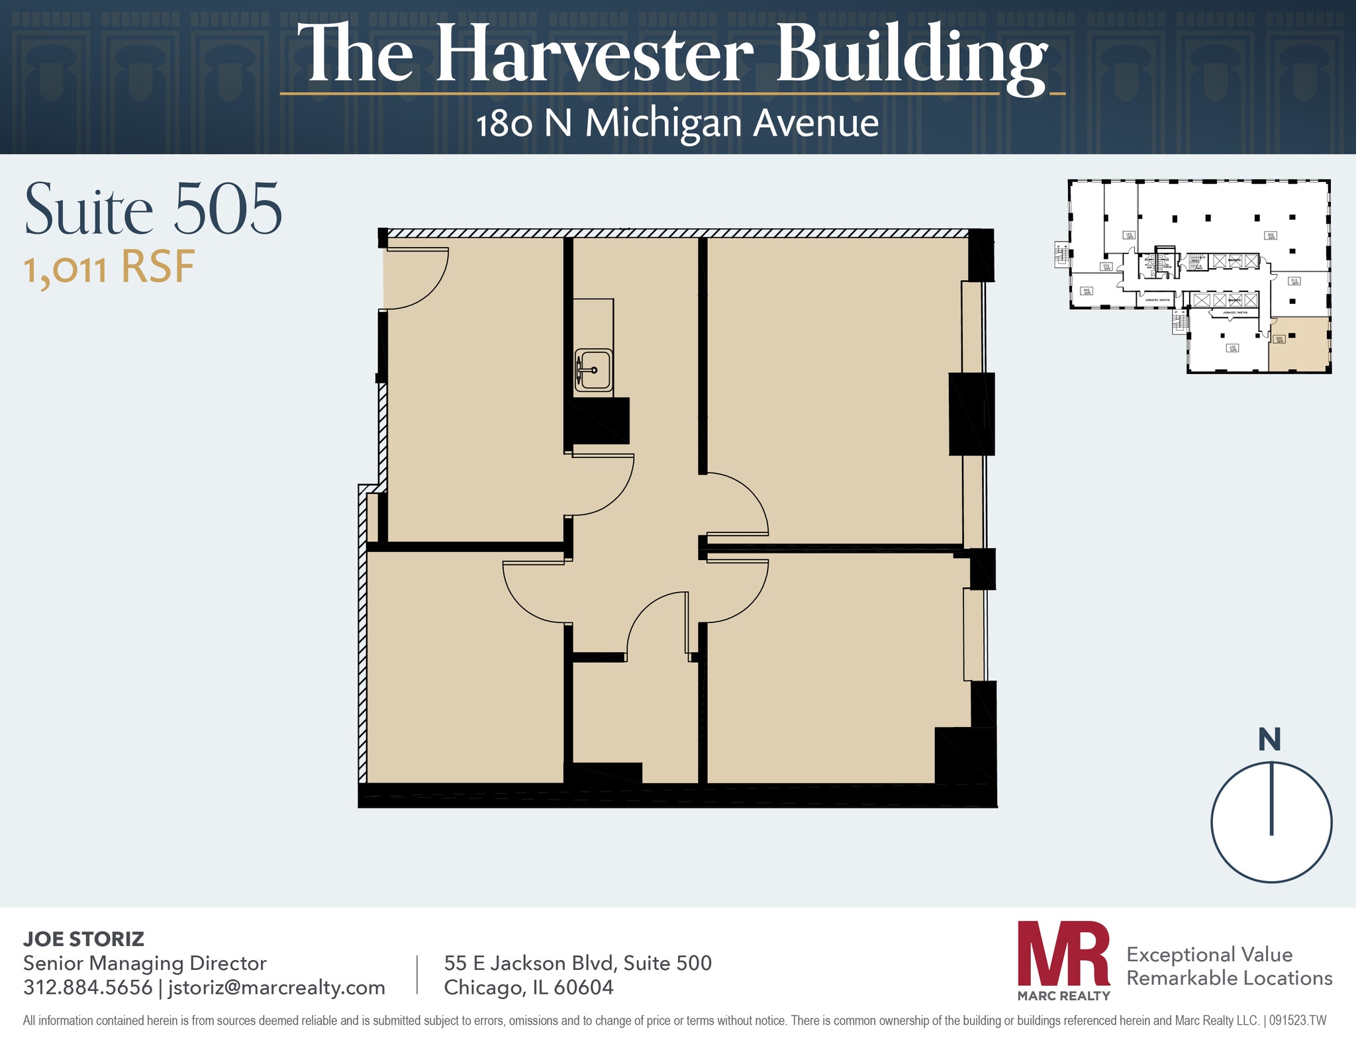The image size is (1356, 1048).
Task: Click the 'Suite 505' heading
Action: pyautogui.click(x=154, y=210)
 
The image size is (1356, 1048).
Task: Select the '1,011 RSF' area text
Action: pyautogui.click(x=110, y=268)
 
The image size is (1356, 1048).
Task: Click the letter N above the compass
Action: pyautogui.click(x=1269, y=740)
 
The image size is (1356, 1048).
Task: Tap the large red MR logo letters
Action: pyautogui.click(x=1063, y=954)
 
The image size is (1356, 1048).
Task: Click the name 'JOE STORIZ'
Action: pyautogui.click(x=83, y=939)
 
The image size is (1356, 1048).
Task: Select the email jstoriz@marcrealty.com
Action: pyautogui.click(x=276, y=988)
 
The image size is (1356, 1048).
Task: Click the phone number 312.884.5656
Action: pyautogui.click(x=87, y=988)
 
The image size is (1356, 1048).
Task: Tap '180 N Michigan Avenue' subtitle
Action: pyautogui.click(x=677, y=124)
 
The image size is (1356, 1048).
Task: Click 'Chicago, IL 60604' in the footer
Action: pyautogui.click(x=528, y=988)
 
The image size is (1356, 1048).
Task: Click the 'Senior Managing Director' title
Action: pyautogui.click(x=144, y=963)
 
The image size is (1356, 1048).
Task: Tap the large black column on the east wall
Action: pyautogui.click(x=971, y=414)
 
